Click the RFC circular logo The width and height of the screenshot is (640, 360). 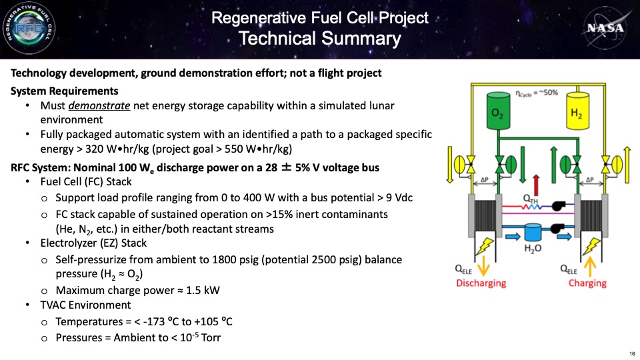coord(29,28)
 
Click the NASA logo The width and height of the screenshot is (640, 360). coord(606,28)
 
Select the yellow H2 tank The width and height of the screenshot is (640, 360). coord(577,111)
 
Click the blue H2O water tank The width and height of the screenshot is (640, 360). coord(533,232)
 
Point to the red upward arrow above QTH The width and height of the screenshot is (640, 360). coord(536,185)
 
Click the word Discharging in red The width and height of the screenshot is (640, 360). coord(481,283)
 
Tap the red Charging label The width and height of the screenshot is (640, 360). coord(587,283)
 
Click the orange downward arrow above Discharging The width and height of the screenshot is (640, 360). coord(484,266)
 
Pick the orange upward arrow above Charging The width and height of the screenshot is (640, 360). coord(590,266)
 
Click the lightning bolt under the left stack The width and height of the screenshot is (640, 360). coord(485,246)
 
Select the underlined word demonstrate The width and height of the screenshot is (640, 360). coord(99,106)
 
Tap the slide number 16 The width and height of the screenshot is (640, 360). coord(632,353)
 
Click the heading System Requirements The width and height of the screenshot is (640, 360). coord(65,91)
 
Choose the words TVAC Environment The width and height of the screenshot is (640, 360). coord(85,305)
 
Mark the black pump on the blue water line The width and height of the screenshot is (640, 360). coord(556,229)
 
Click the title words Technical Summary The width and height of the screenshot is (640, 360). coord(320,39)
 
